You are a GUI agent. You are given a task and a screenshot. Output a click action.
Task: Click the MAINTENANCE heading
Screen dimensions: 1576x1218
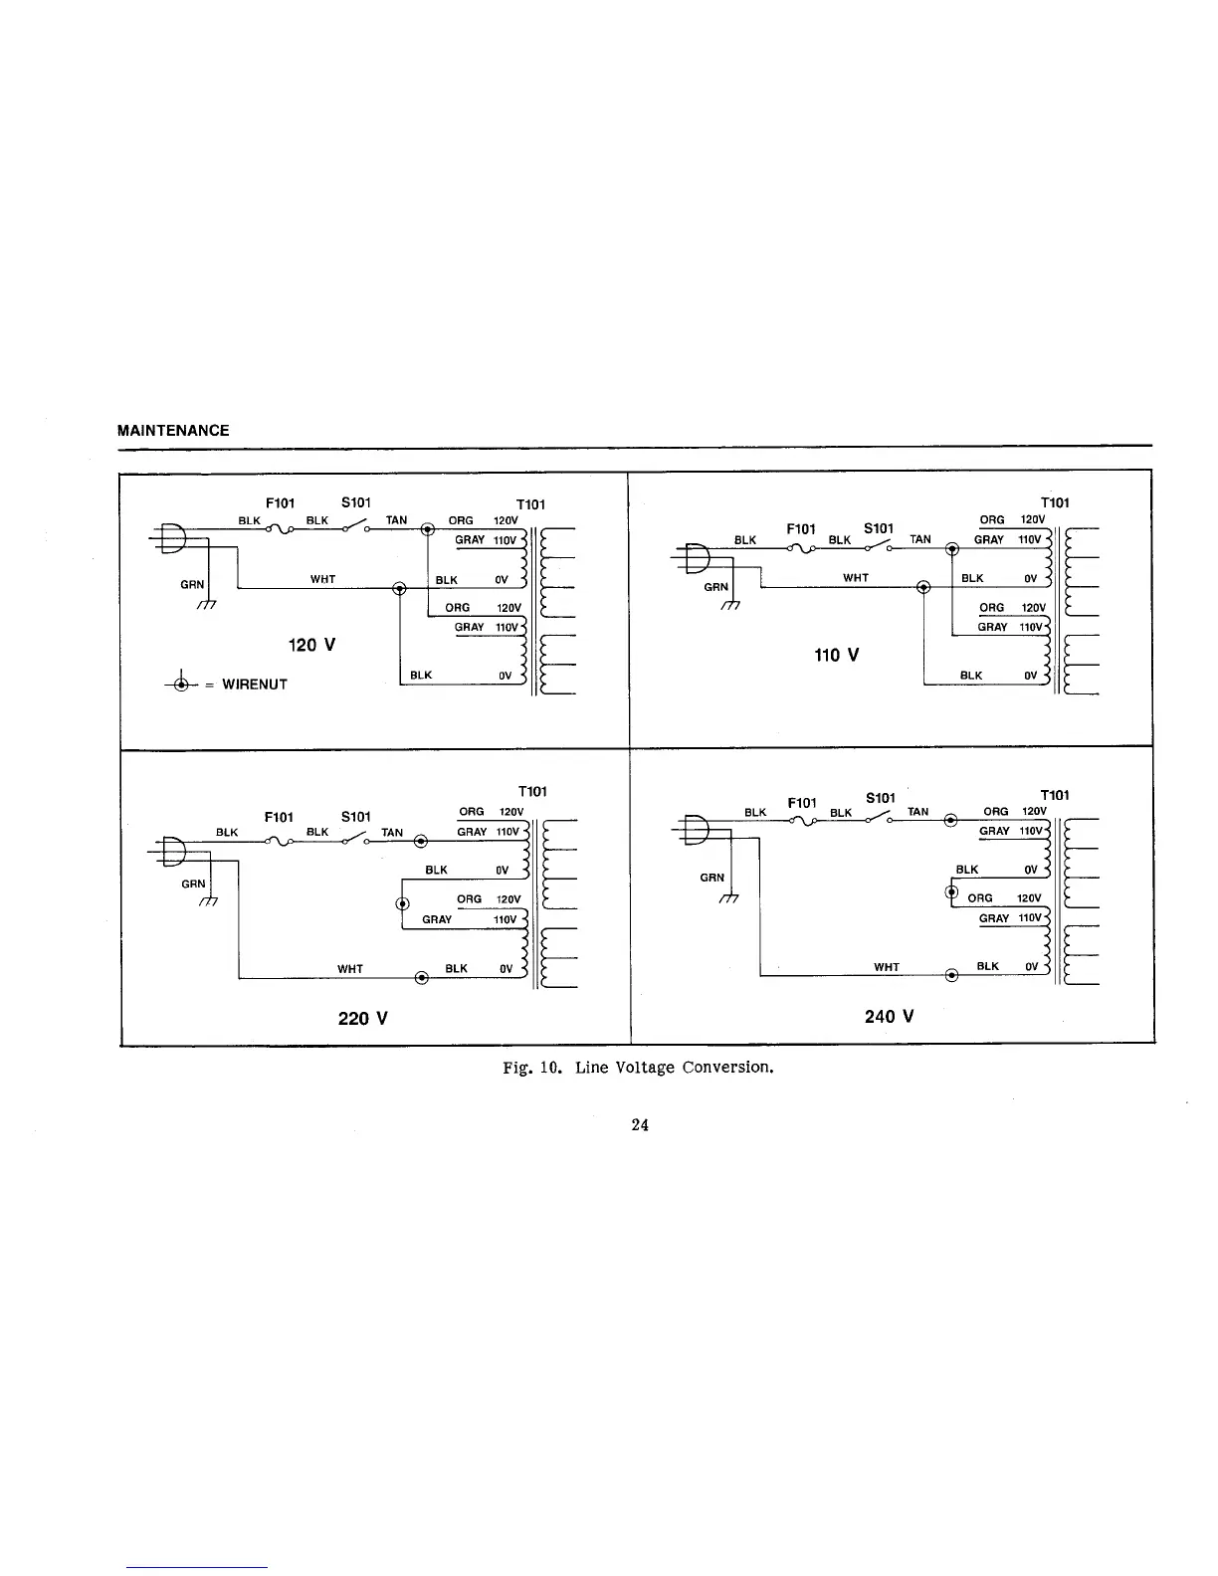173,431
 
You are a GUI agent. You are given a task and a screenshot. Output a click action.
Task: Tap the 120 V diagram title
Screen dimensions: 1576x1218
311,645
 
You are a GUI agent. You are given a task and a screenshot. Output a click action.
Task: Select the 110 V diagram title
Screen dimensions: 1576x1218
836,655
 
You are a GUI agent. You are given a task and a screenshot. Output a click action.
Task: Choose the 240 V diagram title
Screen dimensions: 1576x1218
889,1016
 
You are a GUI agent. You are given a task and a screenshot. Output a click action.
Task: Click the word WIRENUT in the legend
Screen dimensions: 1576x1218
255,685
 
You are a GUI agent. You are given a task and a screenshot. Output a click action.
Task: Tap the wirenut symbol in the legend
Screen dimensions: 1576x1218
180,684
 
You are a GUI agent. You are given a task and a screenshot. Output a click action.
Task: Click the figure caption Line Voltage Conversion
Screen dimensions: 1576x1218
638,1068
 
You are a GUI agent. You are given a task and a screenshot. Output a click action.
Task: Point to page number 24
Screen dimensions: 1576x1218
640,1125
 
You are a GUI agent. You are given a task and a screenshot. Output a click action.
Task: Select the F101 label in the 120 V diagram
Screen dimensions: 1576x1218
280,502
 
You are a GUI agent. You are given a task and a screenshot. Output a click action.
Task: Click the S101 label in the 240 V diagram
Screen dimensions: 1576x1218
881,798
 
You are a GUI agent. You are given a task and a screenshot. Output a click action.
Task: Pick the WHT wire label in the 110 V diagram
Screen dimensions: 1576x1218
856,578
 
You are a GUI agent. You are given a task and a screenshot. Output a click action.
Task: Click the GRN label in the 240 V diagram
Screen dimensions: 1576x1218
712,878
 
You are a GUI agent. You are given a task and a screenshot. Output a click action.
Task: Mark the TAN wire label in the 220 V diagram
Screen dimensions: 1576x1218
392,833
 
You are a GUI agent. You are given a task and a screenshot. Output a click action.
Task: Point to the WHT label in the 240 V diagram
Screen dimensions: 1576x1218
886,967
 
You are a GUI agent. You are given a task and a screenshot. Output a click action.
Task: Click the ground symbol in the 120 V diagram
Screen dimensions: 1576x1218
206,604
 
